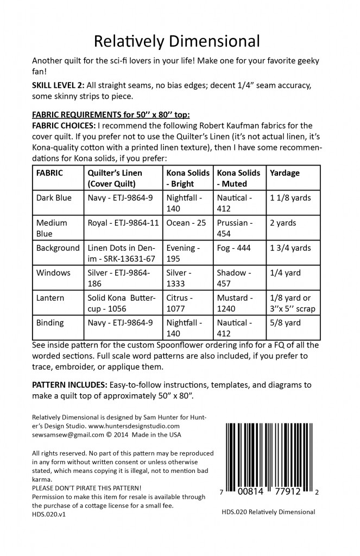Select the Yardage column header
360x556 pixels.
pyautogui.click(x=285, y=173)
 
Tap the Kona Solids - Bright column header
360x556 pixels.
pyautogui.click(x=187, y=178)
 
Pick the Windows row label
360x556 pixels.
pyautogui.click(x=53, y=273)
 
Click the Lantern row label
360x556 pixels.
pyautogui.click(x=52, y=298)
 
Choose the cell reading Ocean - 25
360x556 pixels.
pyautogui.click(x=185, y=223)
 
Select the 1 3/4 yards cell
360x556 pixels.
pyautogui.click(x=290, y=248)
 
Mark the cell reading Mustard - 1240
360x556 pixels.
pyautogui.click(x=235, y=303)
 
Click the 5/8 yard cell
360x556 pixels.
pyautogui.click(x=285, y=323)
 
